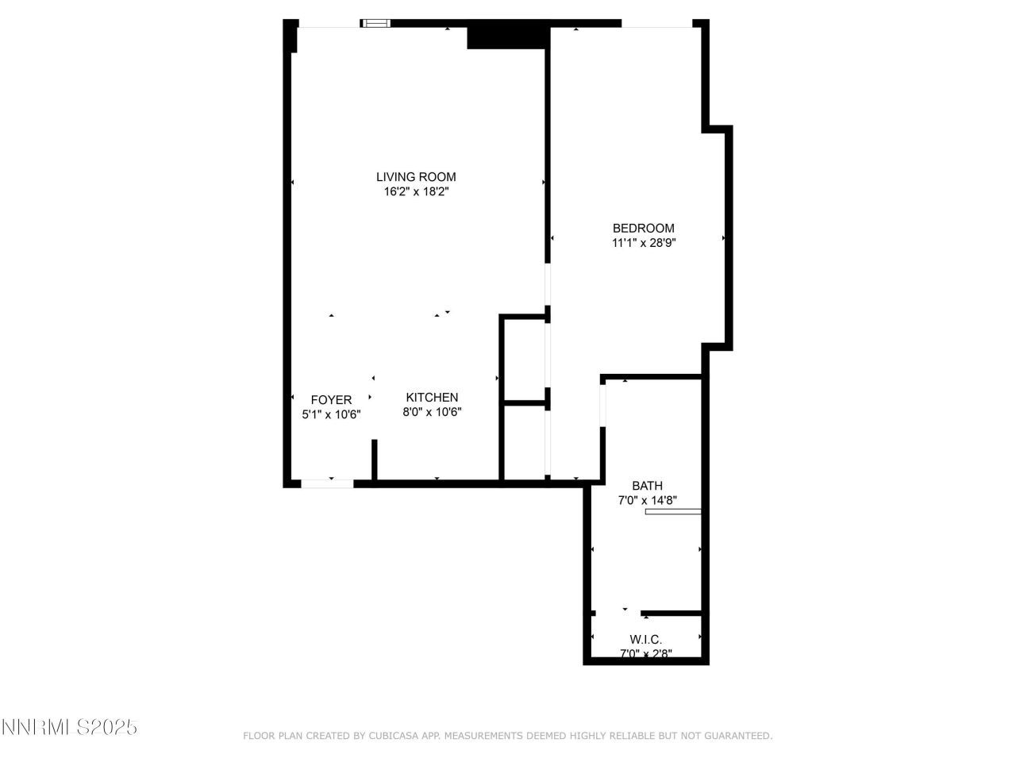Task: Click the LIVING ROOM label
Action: click(416, 177)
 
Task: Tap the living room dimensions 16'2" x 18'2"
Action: click(416, 191)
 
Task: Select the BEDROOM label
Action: click(643, 229)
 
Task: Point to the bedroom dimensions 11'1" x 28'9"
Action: click(643, 243)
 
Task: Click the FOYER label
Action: click(331, 400)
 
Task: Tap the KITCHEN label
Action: click(432, 398)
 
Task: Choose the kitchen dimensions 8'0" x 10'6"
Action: click(432, 412)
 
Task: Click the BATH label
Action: click(647, 486)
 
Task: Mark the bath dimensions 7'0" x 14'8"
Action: click(647, 500)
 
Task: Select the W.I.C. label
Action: click(646, 640)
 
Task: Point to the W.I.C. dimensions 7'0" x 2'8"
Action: click(646, 654)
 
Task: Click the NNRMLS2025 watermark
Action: click(70, 727)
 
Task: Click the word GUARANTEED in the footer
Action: click(736, 736)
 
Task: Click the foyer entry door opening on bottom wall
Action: click(327, 483)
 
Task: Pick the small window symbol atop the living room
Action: click(375, 24)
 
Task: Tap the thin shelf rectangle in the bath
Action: click(673, 512)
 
